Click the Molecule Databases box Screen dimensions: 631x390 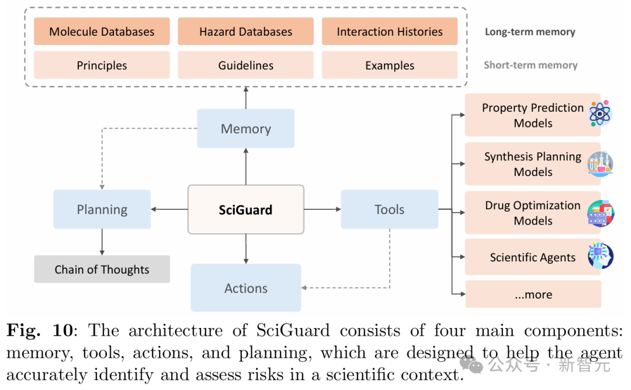(x=102, y=32)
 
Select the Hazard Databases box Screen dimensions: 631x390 (x=246, y=32)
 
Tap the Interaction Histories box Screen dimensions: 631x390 (x=390, y=32)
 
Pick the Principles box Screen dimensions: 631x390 (x=102, y=65)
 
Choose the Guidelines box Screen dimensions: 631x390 (x=246, y=65)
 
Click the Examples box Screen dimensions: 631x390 (x=390, y=65)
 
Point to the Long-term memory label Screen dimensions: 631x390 (x=530, y=32)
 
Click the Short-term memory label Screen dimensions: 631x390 (x=531, y=65)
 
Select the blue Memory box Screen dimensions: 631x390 (x=246, y=129)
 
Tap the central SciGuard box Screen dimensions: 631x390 (x=246, y=209)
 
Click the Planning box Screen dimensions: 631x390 (x=102, y=209)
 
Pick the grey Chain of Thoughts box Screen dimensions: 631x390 (x=102, y=269)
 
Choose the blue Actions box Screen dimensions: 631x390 (x=246, y=288)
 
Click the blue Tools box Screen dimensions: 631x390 (x=390, y=209)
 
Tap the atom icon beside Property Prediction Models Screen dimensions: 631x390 (x=600, y=113)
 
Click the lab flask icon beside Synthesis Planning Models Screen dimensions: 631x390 (x=600, y=164)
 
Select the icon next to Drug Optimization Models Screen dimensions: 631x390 (x=601, y=213)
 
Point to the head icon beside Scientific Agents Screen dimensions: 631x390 (x=601, y=256)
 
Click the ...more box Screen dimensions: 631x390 (x=533, y=295)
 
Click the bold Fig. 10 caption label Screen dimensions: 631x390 (x=40, y=330)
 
